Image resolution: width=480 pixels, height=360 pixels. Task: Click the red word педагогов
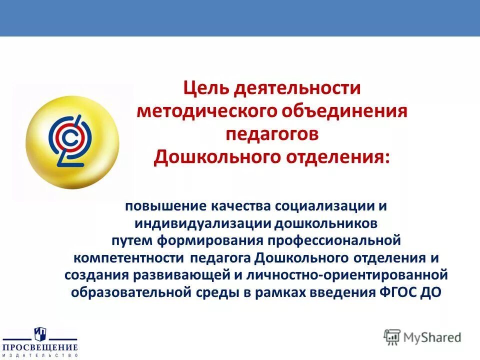point(272,133)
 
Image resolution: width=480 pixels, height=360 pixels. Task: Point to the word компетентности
point(129,258)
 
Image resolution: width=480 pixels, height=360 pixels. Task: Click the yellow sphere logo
point(72,142)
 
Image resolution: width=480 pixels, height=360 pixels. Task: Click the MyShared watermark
point(422,337)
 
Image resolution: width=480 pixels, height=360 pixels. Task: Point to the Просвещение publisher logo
point(40,342)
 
